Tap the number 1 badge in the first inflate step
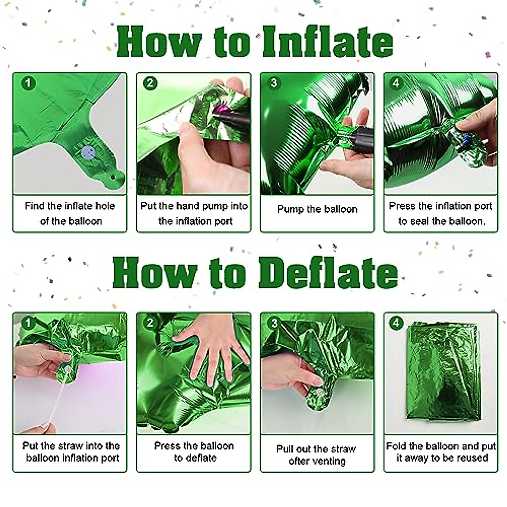[28, 83]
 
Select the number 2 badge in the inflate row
[150, 83]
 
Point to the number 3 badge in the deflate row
[274, 323]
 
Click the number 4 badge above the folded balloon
[396, 323]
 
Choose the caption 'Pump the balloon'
[317, 209]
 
